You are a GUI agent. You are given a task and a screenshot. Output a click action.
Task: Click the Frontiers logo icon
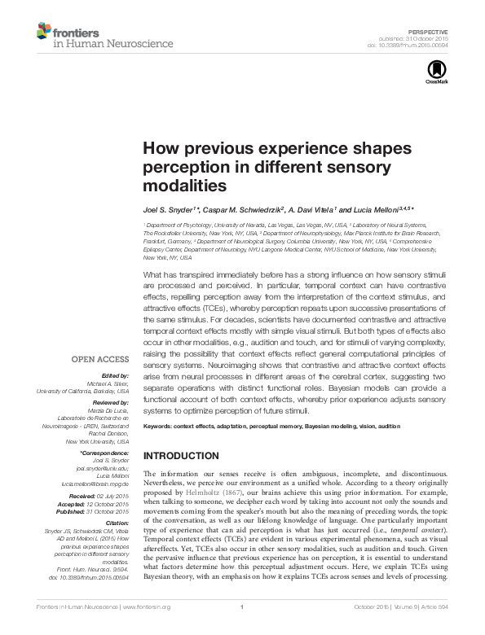click(44, 31)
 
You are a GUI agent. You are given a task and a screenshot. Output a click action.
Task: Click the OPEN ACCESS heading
click(100, 359)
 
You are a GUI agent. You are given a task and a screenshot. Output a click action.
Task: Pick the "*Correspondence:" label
click(106, 453)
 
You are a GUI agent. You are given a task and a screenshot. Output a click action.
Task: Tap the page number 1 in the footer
click(242, 627)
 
